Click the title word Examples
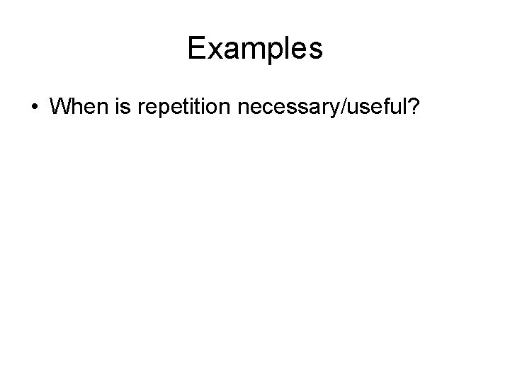click(255, 48)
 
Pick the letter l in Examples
click(280, 48)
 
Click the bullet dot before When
click(35, 108)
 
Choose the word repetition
click(189, 108)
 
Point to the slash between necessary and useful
click(341, 108)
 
